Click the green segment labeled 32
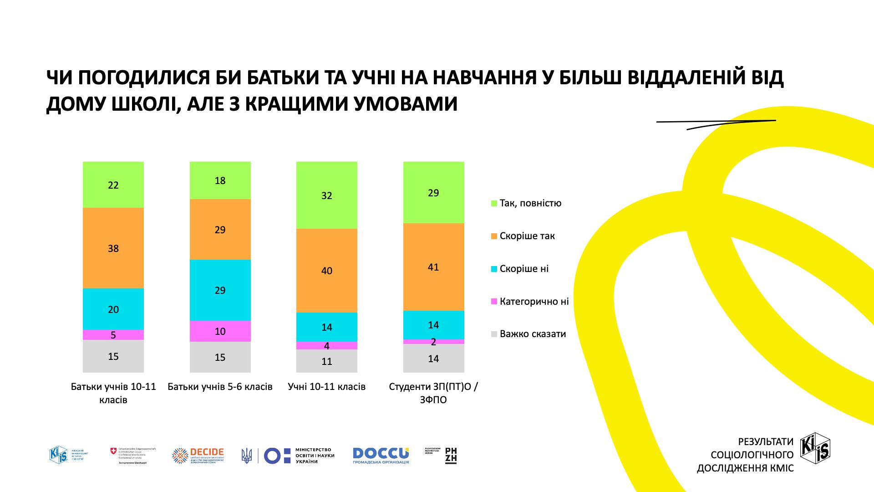coord(326,195)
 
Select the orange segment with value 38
coord(113,248)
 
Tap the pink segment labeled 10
coord(220,331)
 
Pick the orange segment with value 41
coord(433,267)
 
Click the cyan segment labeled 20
coord(113,309)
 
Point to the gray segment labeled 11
coord(326,361)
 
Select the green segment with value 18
coord(220,180)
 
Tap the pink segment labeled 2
coord(433,342)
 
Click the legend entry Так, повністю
coord(530,203)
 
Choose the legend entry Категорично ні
coord(534,302)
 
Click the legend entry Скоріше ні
coord(524,269)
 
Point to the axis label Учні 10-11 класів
coord(326,387)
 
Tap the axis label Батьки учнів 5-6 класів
coord(220,387)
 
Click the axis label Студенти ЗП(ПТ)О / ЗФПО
coord(433,393)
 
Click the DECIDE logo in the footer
coord(198,455)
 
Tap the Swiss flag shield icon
coord(113,451)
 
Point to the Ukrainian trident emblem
coord(246,456)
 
